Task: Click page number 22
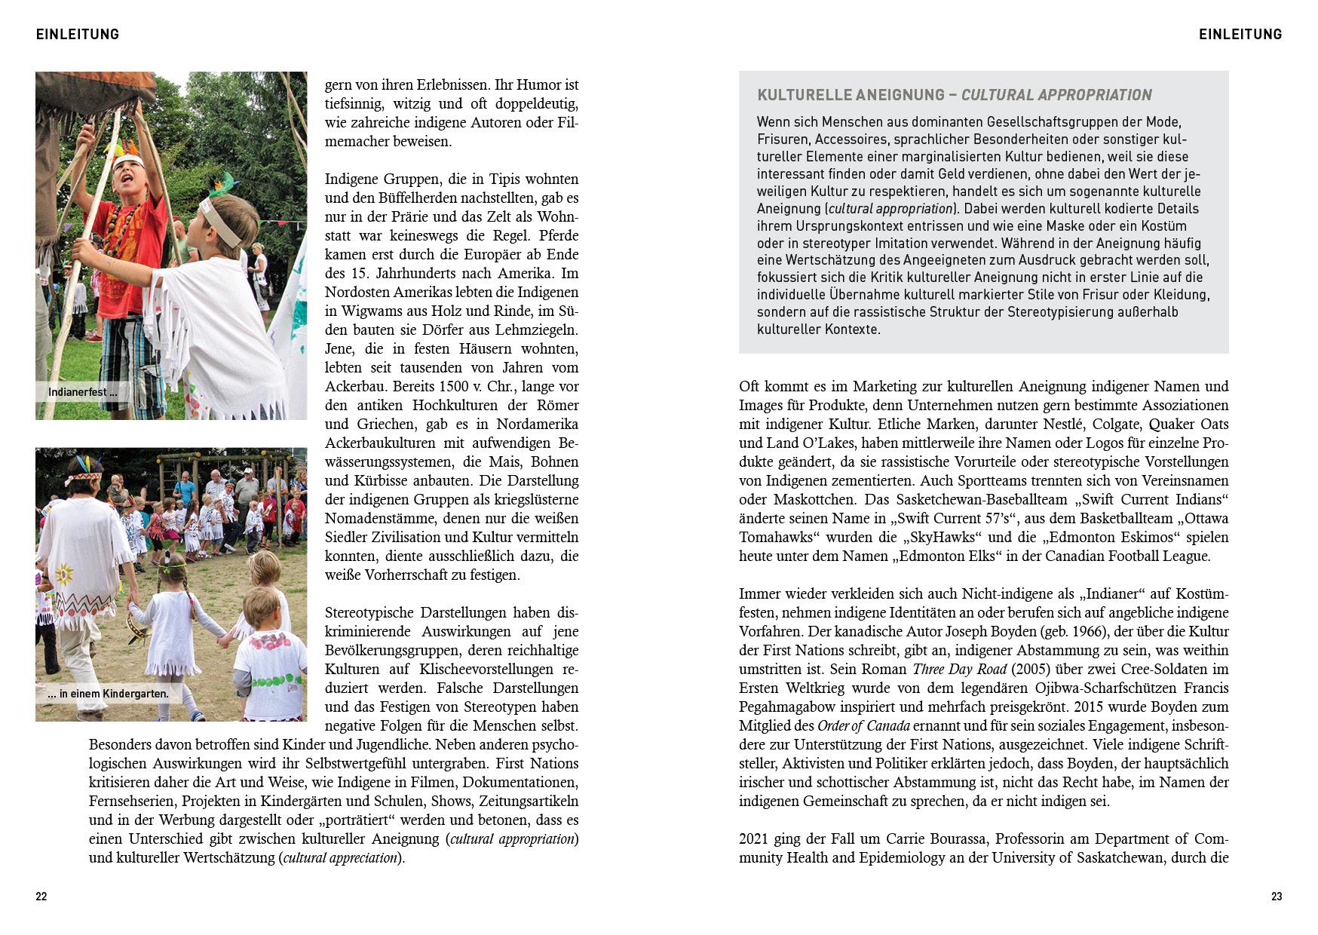[41, 897]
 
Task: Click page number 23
[1276, 897]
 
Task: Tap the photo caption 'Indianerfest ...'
[82, 392]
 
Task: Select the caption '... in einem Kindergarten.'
[108, 694]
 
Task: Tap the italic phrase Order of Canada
[864, 726]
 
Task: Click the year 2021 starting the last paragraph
[754, 839]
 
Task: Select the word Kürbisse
[354, 481]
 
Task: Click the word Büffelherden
[403, 198]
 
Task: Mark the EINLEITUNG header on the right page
[1240, 34]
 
